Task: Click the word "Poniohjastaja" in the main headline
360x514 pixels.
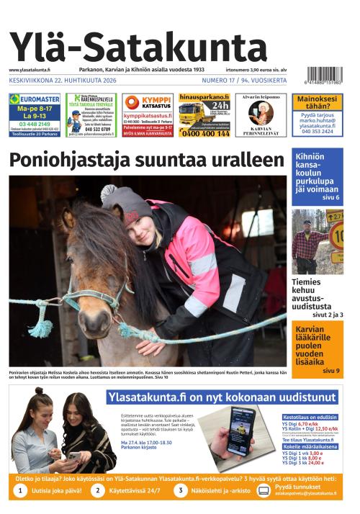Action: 84,160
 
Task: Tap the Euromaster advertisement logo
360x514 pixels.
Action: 34,99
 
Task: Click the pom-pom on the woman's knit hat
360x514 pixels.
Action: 109,192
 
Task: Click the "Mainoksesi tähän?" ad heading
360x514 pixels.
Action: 317,102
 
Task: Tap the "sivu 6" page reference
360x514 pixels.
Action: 330,197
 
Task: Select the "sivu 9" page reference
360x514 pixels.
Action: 330,371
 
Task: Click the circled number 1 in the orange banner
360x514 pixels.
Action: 22,490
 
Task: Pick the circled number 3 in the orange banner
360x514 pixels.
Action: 181,490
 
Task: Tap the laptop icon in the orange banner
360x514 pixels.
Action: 263,490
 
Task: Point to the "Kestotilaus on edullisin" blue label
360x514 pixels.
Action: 310,418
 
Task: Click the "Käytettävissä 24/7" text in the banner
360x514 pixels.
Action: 136,490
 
